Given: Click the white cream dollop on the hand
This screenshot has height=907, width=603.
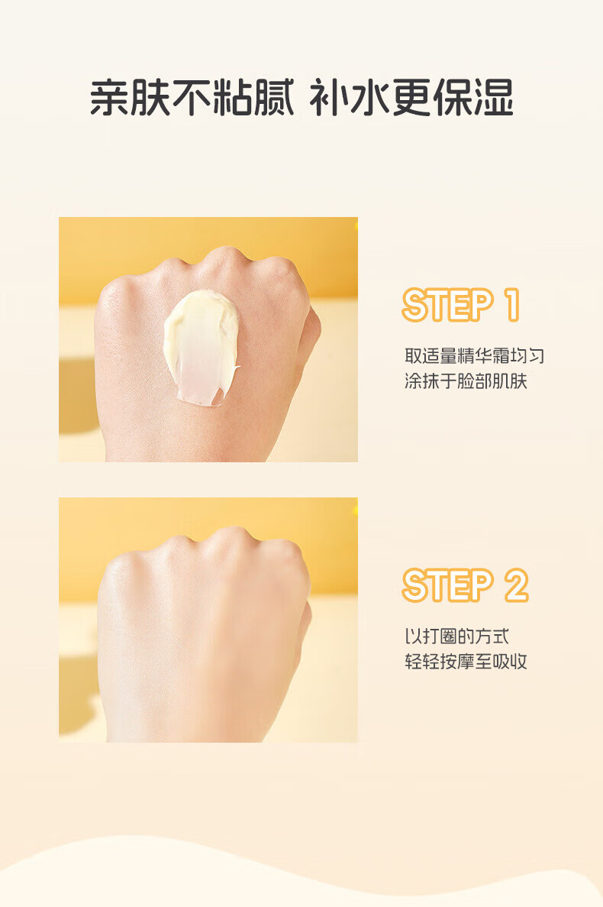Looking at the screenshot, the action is pyautogui.click(x=200, y=347).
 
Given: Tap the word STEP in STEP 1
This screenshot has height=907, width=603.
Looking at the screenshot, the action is pyautogui.click(x=447, y=305).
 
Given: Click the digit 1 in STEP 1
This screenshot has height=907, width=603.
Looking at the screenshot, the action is pyautogui.click(x=512, y=305).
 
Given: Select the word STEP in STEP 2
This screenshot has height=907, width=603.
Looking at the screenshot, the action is pyautogui.click(x=447, y=585).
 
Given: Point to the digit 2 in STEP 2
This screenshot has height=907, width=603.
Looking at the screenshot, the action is pyautogui.click(x=516, y=585).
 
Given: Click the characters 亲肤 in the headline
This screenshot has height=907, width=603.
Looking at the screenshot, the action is pyautogui.click(x=131, y=97).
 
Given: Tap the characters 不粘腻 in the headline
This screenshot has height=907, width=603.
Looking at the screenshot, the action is pyautogui.click(x=234, y=97).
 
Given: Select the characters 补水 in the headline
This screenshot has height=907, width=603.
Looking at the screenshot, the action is pyautogui.click(x=350, y=97).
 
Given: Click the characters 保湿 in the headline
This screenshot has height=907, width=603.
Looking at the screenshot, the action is pyautogui.click(x=473, y=97).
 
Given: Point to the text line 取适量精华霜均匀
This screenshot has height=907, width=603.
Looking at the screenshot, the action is pyautogui.click(x=474, y=356).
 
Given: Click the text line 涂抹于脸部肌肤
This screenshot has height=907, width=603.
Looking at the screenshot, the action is pyautogui.click(x=466, y=381).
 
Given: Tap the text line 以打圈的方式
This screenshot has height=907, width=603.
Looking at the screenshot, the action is pyautogui.click(x=457, y=637).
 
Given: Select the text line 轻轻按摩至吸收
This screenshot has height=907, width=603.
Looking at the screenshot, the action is pyautogui.click(x=466, y=661).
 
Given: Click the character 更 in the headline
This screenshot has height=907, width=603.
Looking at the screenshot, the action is pyautogui.click(x=412, y=97).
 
